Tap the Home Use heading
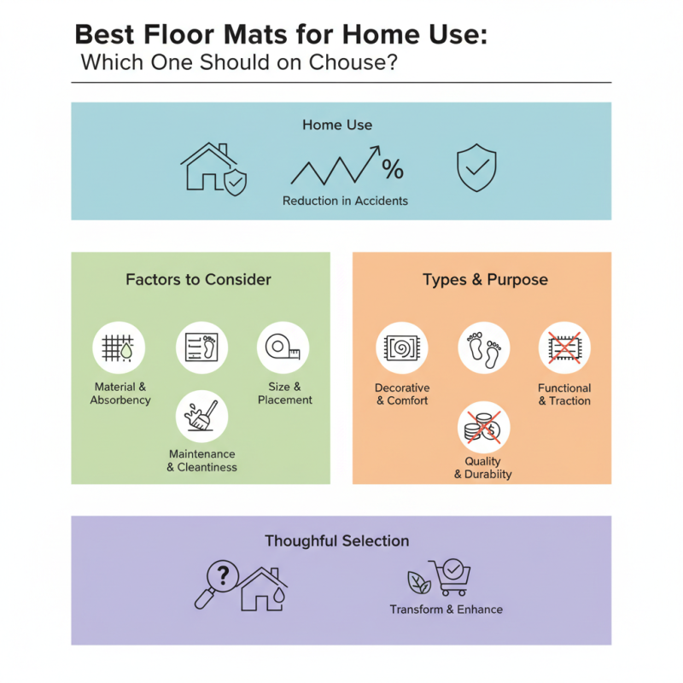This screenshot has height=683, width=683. (337, 125)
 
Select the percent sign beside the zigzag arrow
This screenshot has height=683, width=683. (393, 169)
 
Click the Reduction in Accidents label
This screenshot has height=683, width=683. (345, 201)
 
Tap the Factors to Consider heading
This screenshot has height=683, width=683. (198, 279)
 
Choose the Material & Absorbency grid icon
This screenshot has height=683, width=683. (119, 347)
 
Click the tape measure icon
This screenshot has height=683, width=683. (283, 347)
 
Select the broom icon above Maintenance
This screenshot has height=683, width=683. (201, 416)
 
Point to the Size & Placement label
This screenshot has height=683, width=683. (285, 394)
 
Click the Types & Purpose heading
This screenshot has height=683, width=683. (485, 279)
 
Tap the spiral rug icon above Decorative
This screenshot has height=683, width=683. (402, 347)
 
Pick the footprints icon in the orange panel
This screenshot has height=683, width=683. (484, 347)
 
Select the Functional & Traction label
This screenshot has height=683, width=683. (564, 394)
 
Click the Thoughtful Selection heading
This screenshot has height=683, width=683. (336, 541)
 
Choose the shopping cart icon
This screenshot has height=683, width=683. (449, 577)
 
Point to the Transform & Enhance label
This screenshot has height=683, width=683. (446, 610)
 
